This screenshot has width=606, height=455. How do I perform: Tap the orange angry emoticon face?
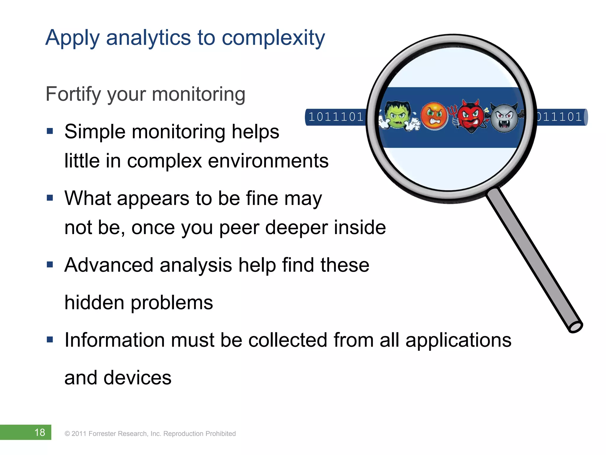pyautogui.click(x=434, y=116)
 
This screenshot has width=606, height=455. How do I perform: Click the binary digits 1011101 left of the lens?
pyautogui.click(x=336, y=117)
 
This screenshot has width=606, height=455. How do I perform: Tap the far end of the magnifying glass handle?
pyautogui.click(x=575, y=326)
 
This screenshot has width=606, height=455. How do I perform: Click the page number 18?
pyautogui.click(x=40, y=432)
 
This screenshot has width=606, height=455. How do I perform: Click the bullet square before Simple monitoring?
pyautogui.click(x=50, y=131)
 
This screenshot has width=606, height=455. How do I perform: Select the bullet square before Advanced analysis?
pyautogui.click(x=50, y=264)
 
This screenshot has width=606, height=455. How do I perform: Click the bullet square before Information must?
pyautogui.click(x=50, y=339)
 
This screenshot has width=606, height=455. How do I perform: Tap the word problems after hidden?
pyautogui.click(x=172, y=303)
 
